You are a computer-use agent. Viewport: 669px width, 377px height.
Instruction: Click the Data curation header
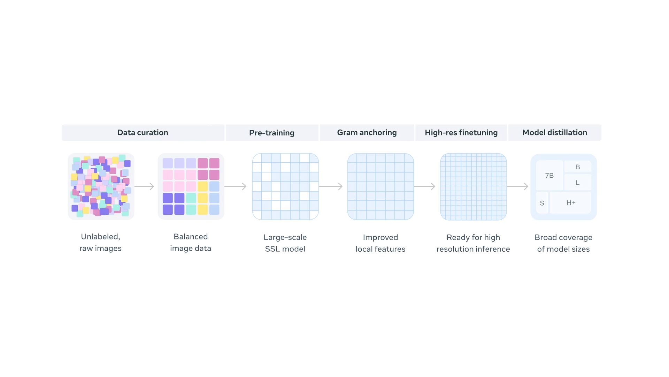tap(143, 133)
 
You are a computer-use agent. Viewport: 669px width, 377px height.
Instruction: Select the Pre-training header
tap(272, 133)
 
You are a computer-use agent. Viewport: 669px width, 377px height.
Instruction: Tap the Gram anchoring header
tap(367, 133)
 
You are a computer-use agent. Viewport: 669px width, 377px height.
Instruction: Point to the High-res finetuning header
tap(461, 133)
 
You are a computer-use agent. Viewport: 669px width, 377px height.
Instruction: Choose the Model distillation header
tap(554, 133)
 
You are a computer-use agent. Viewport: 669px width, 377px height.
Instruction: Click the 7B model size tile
tap(549, 176)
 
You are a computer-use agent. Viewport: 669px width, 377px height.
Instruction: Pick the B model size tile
tap(577, 167)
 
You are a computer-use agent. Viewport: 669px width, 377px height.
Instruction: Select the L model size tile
tap(577, 183)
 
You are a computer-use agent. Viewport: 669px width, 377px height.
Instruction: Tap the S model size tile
tap(542, 203)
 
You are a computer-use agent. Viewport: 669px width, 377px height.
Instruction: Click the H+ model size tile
tap(570, 203)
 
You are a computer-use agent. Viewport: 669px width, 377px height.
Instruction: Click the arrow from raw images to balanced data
tap(144, 186)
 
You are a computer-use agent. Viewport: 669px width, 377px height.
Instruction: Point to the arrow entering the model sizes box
tap(517, 186)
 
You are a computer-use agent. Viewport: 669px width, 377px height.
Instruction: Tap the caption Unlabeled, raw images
tap(100, 242)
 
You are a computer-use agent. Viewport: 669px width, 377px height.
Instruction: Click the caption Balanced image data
tap(191, 242)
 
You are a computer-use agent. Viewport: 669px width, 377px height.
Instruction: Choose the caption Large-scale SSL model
tap(285, 243)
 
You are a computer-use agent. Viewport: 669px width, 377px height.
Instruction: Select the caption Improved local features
tap(380, 243)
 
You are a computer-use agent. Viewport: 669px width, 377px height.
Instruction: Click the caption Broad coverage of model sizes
tap(563, 243)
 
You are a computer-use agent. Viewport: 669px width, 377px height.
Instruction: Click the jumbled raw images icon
tap(101, 186)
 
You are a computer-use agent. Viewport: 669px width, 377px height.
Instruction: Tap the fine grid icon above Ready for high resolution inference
tap(473, 186)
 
